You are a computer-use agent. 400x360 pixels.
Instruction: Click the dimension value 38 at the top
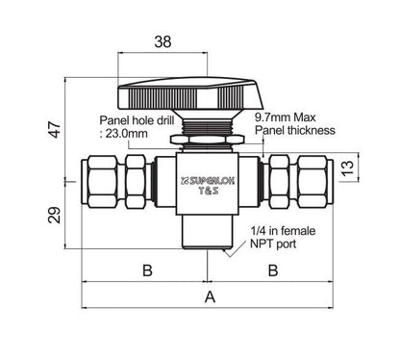tap(162, 41)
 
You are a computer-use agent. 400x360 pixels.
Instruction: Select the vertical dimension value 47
tap(55, 129)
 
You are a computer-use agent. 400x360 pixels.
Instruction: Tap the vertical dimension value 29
tap(55, 215)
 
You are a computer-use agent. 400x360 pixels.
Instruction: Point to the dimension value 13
tap(348, 167)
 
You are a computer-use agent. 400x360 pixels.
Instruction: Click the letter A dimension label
tap(210, 297)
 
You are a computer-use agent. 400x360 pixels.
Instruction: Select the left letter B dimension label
tap(147, 270)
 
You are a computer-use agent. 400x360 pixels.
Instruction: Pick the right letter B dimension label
tap(273, 270)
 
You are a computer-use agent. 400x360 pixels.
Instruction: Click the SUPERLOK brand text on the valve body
tap(208, 181)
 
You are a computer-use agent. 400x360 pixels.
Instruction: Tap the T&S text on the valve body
tap(209, 191)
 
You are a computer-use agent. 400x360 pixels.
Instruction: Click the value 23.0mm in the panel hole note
tap(127, 133)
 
